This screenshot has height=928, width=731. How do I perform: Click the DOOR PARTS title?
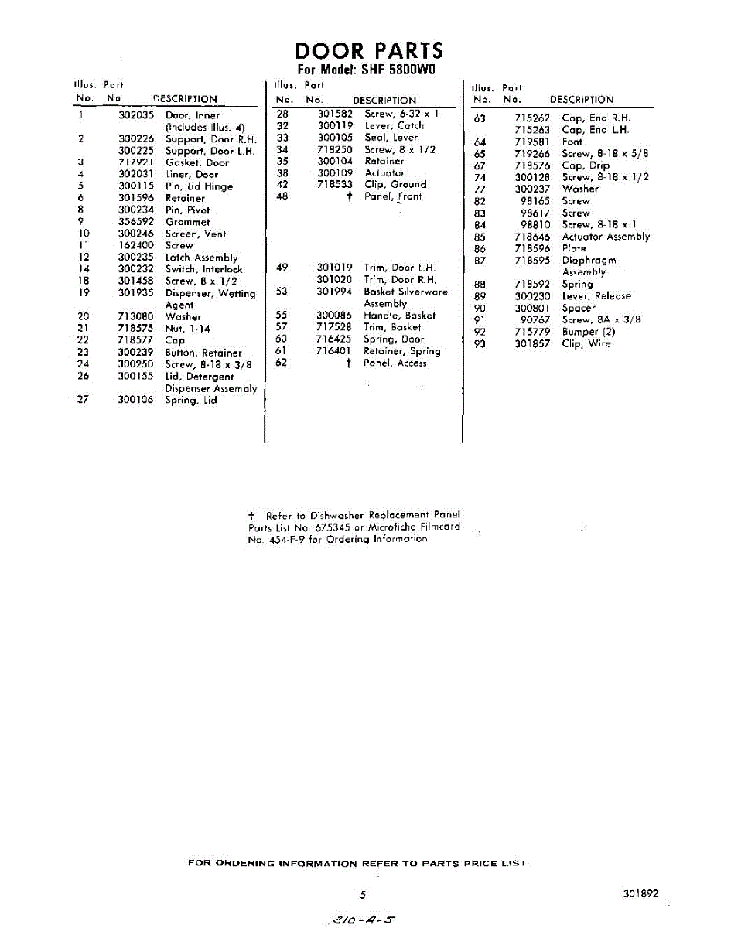[370, 51]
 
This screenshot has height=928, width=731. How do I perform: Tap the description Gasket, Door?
[197, 162]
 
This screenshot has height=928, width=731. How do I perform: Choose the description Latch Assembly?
[201, 258]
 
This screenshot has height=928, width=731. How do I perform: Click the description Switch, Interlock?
[203, 269]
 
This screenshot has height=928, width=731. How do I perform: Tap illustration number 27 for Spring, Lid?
[84, 401]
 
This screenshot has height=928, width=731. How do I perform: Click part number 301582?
[335, 114]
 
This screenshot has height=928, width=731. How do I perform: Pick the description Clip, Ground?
[395, 185]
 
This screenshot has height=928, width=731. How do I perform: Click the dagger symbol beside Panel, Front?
[350, 197]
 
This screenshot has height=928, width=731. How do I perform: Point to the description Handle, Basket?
[399, 316]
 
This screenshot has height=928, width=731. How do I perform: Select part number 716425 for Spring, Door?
[335, 339]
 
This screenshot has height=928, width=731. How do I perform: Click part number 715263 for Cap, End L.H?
[532, 130]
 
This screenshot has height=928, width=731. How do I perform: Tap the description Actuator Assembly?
[606, 237]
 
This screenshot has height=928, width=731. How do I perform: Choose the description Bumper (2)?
[589, 332]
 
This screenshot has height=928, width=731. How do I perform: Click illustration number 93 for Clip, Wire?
[480, 344]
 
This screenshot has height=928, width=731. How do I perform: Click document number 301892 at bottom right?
[640, 893]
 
